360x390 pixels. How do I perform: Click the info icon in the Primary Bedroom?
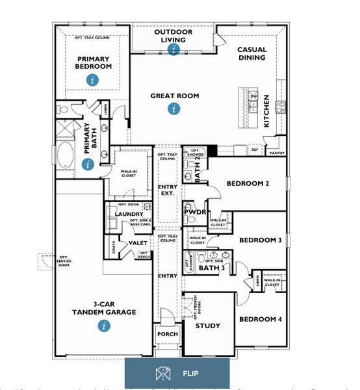(94, 80)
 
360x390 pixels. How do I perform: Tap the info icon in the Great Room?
(174, 109)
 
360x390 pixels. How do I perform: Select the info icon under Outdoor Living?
(174, 49)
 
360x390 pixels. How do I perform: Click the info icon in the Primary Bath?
(88, 164)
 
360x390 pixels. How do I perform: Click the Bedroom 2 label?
(248, 183)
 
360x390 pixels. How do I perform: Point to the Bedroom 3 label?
(260, 240)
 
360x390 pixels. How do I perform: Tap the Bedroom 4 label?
(260, 319)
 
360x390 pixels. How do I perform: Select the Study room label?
(208, 326)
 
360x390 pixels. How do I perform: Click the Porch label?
(168, 334)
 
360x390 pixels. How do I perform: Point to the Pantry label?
(277, 153)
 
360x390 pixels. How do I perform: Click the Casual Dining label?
(251, 53)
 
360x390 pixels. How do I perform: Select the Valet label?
(138, 243)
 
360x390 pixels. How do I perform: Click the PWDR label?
(195, 212)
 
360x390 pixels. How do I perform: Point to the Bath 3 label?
(211, 267)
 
